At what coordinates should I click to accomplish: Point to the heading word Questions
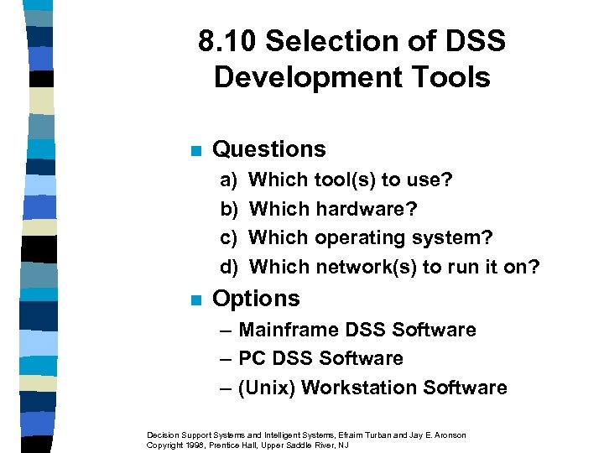[269, 149]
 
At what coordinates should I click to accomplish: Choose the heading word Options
[256, 299]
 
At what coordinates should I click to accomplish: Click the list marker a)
[228, 180]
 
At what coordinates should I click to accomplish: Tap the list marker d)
[229, 268]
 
